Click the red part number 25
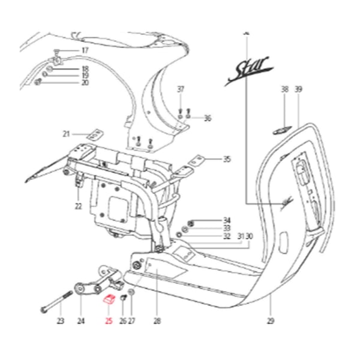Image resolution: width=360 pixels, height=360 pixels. point(109,321)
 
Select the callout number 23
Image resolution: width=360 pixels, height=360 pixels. point(60,321)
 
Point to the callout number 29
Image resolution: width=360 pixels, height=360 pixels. point(271,321)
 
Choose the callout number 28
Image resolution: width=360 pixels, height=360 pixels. point(157,321)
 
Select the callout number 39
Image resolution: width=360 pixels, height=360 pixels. point(298,89)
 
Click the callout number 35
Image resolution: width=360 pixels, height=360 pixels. point(227,160)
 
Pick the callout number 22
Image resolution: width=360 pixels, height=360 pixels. point(78,206)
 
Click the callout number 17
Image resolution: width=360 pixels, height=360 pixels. point(85,50)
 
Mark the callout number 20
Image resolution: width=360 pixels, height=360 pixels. point(85,83)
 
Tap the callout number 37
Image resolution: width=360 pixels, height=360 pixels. point(181,89)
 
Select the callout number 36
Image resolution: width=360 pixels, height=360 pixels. point(208,118)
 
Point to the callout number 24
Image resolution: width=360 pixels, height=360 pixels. point(81,321)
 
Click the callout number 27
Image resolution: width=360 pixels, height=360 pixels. point(132,321)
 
